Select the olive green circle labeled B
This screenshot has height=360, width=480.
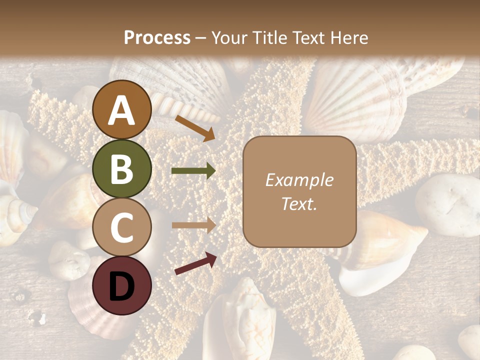click(122, 169)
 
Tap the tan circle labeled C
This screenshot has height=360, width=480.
click(122, 227)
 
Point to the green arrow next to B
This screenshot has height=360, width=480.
click(193, 171)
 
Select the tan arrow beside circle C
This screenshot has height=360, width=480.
click(193, 225)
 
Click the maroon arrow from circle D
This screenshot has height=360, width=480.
click(195, 263)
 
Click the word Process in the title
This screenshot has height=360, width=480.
click(157, 37)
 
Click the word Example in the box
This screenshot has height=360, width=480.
click(299, 180)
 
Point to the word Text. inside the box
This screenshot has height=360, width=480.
click(299, 204)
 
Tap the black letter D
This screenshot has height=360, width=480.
click(122, 286)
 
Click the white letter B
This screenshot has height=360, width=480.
click(122, 169)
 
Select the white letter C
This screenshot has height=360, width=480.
click(122, 227)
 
